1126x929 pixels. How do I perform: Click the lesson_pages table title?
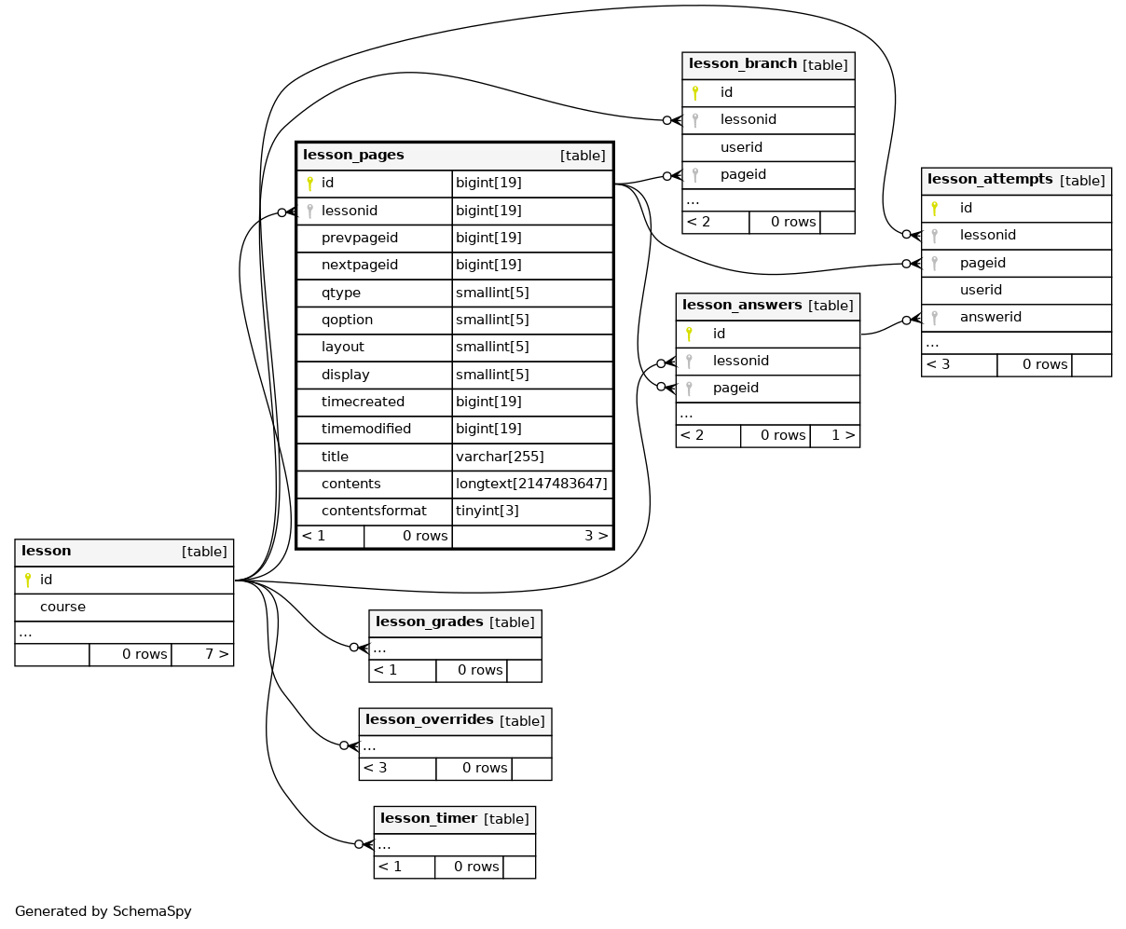353,155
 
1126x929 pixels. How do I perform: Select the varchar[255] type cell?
500,457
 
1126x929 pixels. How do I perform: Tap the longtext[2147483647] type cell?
531,484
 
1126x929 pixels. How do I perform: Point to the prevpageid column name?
359,238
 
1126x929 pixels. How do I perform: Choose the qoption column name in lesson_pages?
347,320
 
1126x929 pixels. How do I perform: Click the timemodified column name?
365,429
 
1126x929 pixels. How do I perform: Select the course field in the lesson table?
62,607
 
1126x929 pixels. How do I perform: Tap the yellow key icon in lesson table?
28,580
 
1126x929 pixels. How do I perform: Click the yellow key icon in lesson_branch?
695,93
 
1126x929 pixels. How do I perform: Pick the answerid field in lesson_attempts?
990,317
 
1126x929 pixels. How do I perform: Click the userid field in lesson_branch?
741,147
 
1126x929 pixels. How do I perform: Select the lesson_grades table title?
429,622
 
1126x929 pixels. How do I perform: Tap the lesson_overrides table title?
429,719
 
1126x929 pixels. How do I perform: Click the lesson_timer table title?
428,818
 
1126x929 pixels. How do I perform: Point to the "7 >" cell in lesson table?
217,654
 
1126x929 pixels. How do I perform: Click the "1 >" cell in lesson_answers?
843,435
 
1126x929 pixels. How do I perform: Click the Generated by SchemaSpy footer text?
103,911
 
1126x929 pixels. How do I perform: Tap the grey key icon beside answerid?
935,318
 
